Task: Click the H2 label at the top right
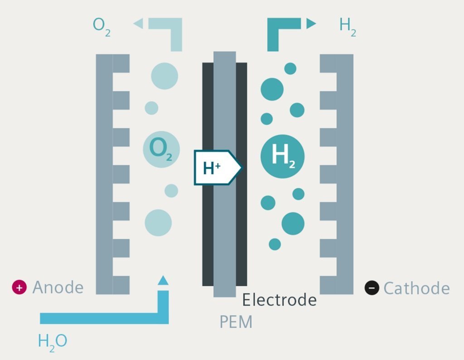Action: (348, 26)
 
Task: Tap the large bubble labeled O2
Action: (161, 149)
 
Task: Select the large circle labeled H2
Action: (282, 156)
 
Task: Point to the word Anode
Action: (58, 288)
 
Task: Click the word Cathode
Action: (416, 288)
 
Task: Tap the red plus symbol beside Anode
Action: (19, 287)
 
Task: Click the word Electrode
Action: (279, 300)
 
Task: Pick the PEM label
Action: (236, 322)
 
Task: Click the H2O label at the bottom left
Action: (53, 341)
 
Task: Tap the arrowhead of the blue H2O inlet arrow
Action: (163, 281)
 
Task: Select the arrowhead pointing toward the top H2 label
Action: (311, 23)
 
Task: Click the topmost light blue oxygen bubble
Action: (164, 76)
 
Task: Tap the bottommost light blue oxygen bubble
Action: (158, 223)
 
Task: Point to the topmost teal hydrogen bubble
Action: (290, 68)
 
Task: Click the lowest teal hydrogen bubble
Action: (275, 244)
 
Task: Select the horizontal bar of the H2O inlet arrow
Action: (100, 318)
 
